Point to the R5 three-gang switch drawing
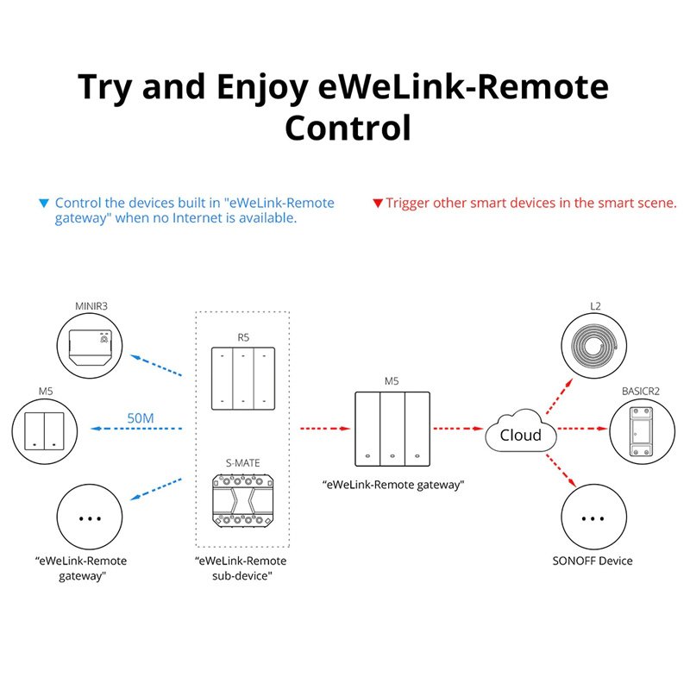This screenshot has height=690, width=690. click(243, 378)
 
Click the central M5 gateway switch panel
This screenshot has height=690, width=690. click(392, 427)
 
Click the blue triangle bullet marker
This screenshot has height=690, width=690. click(45, 204)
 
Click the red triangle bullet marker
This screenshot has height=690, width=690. click(377, 204)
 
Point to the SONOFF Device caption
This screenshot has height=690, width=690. click(593, 561)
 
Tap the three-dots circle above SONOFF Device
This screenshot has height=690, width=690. click(593, 519)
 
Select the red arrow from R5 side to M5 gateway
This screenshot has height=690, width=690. click(323, 427)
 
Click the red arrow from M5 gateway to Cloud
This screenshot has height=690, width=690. click(456, 427)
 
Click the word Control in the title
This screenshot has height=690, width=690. click(347, 128)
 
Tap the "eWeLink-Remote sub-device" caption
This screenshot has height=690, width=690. click(242, 568)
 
